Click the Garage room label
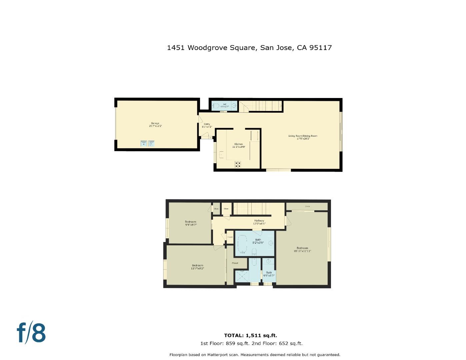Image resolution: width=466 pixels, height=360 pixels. tap(155, 123)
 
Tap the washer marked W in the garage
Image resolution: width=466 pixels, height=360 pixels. tap(144, 144)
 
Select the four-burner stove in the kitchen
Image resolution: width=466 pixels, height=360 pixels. tap(238, 164)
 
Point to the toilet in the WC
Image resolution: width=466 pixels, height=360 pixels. tap(216, 106)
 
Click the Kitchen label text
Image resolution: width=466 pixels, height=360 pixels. tap(238, 144)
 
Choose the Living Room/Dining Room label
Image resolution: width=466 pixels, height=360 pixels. tap(303, 136)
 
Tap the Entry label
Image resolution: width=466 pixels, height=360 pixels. tap(207, 124)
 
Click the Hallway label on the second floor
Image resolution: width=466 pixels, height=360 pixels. tap(259, 221)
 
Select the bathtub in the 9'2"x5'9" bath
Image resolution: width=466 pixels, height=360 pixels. tap(242, 244)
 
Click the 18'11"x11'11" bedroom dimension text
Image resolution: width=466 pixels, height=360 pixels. tap(302, 251)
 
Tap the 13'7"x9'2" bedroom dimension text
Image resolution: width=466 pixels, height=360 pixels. tap(197, 268)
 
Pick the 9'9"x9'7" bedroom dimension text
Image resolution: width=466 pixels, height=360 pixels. tap(191, 225)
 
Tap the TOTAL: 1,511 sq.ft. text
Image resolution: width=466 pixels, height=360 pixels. tap(250, 335)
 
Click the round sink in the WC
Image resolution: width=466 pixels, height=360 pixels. tap(234, 106)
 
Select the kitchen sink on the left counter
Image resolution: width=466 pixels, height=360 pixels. tap(221, 155)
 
